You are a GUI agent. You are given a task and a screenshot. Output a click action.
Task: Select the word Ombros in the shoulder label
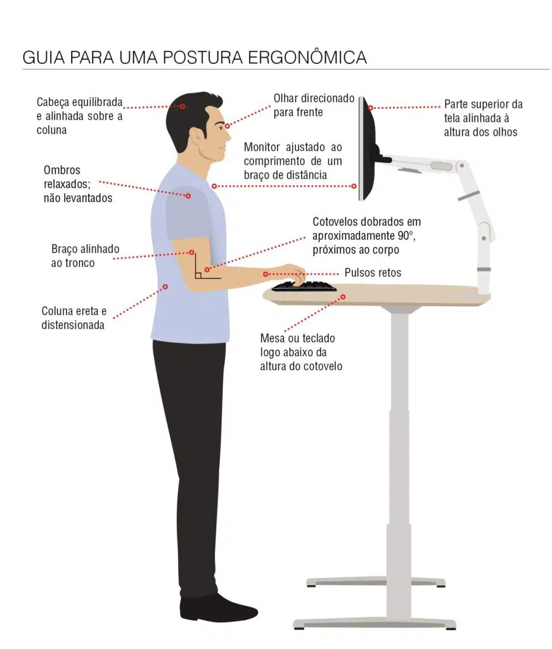[62, 170]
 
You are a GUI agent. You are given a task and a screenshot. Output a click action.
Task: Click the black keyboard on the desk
[304, 286]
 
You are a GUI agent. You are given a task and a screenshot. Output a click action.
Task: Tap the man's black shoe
[218, 608]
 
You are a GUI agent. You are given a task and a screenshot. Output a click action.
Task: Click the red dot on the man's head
[182, 106]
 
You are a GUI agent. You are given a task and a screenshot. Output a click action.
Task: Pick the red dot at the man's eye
[227, 126]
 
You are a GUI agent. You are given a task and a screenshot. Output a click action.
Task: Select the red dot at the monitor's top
[371, 108]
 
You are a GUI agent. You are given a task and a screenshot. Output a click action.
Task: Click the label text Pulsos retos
[373, 273]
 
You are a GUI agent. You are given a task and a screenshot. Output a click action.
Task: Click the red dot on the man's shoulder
[188, 196]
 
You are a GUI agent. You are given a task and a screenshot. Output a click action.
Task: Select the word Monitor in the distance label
[262, 147]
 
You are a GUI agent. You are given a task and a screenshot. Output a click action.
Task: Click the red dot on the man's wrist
[266, 274]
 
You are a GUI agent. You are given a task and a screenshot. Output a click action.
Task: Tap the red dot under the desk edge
[343, 297]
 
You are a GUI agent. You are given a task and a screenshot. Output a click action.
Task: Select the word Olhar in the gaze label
[286, 98]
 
